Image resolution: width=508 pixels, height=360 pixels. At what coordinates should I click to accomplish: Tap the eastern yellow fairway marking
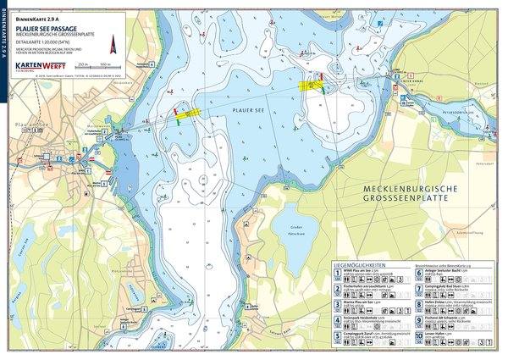317,84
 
